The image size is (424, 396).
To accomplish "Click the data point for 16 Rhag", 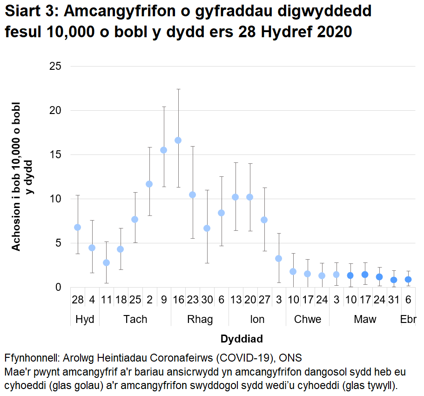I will (178, 140).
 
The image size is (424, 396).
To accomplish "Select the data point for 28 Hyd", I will (78, 227).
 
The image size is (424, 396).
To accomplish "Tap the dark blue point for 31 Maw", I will (394, 280).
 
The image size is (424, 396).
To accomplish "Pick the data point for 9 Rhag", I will (163, 150).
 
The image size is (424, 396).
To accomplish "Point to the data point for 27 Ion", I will (264, 220).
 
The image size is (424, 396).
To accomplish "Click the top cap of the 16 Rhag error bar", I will (178, 89).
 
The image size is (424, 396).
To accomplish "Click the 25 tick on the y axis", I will (55, 67).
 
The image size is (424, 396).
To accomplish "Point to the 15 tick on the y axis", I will (55, 155).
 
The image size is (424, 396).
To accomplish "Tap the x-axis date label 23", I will (192, 300).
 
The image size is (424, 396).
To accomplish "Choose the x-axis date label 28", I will (78, 300).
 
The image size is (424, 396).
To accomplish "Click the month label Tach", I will (135, 319).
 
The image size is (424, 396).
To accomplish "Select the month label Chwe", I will (307, 319).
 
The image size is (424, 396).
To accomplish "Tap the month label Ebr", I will (408, 319).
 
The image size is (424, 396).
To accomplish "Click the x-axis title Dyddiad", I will (242, 338).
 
